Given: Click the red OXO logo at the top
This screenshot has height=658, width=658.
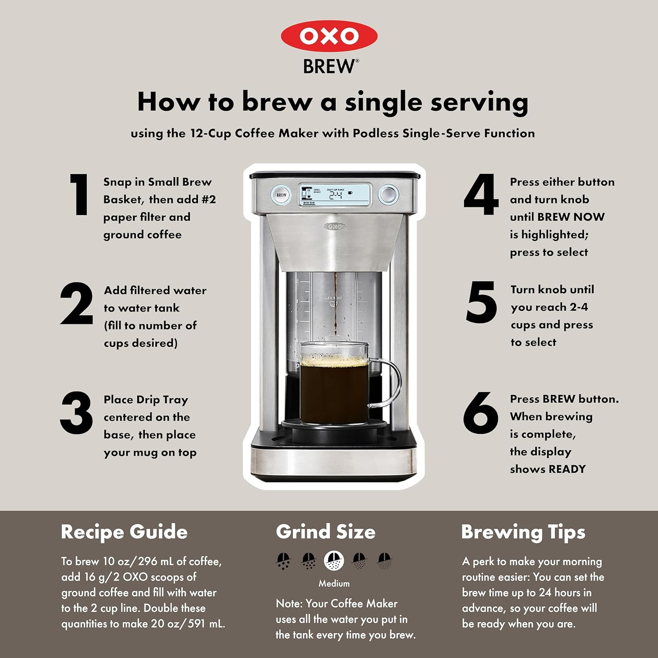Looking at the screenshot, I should [329, 36].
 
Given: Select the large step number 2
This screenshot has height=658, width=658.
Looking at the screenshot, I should [77, 304].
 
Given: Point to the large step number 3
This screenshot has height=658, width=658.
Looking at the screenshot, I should [76, 413].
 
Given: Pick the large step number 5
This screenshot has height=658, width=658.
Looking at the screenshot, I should [481, 302].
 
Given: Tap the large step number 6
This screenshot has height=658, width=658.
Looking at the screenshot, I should [481, 413].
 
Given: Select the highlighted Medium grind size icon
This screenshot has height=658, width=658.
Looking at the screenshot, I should [334, 561].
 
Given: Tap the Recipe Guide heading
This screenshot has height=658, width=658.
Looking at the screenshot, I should [124, 532].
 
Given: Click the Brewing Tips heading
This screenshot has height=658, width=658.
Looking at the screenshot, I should [523, 532].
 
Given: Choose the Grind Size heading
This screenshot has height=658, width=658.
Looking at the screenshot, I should [325, 532].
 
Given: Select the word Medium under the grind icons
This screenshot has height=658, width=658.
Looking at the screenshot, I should [334, 583].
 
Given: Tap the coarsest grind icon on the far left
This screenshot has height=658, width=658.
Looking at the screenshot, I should [283, 561].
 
